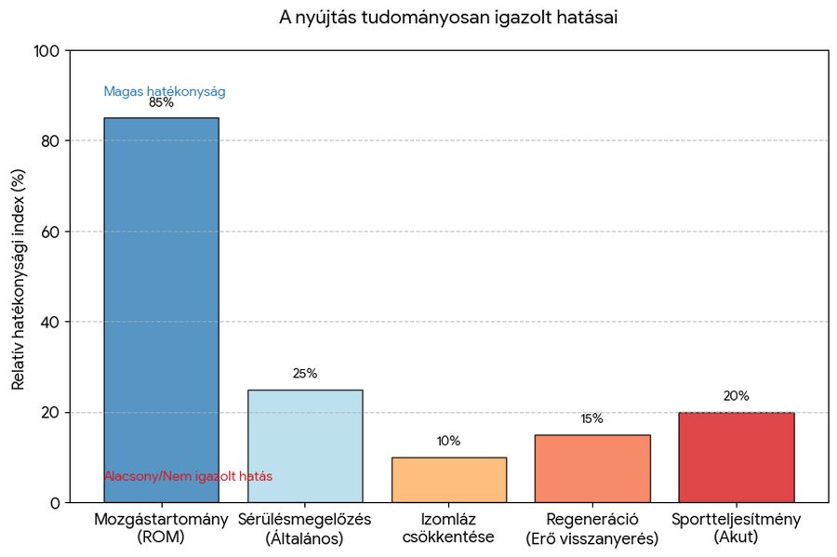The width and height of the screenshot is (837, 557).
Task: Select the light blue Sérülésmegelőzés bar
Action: (305, 446)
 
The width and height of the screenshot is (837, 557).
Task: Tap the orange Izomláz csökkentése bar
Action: (448, 480)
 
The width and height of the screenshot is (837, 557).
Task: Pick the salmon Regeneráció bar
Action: (592, 469)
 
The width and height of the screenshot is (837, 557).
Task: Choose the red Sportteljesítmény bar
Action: (736, 458)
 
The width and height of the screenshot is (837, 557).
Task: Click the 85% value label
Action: (161, 103)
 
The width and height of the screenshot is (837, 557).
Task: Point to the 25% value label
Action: (305, 374)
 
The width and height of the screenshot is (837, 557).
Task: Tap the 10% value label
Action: (448, 441)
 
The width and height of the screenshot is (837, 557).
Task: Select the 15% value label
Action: (592, 418)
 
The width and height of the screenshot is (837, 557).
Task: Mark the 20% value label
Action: (736, 396)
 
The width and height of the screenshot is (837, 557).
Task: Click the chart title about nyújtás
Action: (448, 18)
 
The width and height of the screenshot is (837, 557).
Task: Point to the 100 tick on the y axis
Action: (46, 50)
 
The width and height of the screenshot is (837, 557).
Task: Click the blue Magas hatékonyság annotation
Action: (165, 91)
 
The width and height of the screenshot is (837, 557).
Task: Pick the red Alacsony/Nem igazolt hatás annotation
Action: (188, 476)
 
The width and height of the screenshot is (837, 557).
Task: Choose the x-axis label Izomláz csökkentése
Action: (448, 528)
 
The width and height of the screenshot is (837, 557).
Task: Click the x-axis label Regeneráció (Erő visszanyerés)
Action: (592, 528)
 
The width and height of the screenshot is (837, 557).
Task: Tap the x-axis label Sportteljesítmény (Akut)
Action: (736, 528)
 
